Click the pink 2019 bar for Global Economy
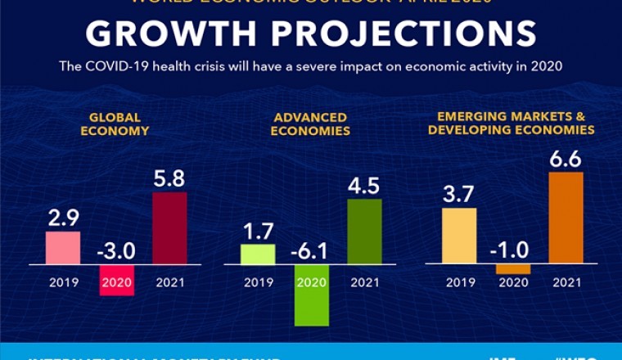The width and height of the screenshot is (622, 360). pyautogui.click(x=63, y=248)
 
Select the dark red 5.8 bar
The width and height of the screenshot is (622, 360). pyautogui.click(x=169, y=228)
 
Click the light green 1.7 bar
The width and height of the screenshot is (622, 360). pyautogui.click(x=258, y=254)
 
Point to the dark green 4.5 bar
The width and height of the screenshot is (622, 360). pyautogui.click(x=364, y=232)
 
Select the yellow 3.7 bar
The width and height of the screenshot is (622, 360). pyautogui.click(x=459, y=236)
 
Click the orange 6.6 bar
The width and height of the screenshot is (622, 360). pyautogui.click(x=566, y=218)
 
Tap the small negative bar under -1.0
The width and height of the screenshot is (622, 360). pyautogui.click(x=512, y=269)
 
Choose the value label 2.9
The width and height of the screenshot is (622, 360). pyautogui.click(x=63, y=218)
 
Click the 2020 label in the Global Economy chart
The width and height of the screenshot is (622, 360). pyautogui.click(x=116, y=283)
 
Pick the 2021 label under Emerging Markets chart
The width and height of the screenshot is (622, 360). pyautogui.click(x=566, y=283)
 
